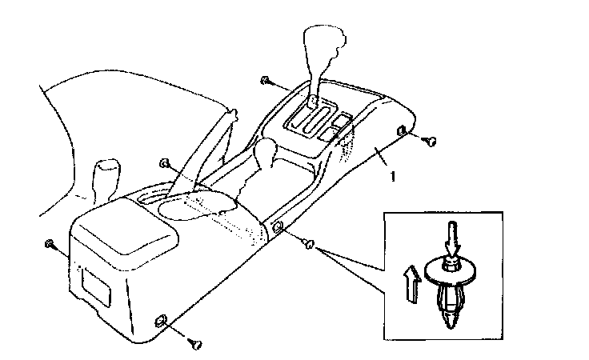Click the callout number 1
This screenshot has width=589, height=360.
pyautogui.click(x=393, y=177)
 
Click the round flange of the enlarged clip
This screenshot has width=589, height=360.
pyautogui.click(x=450, y=271)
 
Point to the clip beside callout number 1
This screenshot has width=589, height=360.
pyautogui.click(x=430, y=142)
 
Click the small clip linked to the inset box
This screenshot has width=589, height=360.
pyautogui.click(x=309, y=244)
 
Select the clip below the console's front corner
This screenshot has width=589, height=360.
pyautogui.click(x=195, y=344)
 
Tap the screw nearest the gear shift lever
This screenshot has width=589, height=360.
pyautogui.click(x=265, y=80)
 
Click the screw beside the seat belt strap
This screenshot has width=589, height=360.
pyautogui.click(x=164, y=163)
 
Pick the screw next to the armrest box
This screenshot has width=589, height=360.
pyautogui.click(x=49, y=244)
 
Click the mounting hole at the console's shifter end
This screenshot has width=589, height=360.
pyautogui.click(x=401, y=130)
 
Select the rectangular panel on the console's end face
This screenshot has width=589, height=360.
pyautogui.click(x=96, y=286)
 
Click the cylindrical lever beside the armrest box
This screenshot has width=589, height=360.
pyautogui.click(x=107, y=179)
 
